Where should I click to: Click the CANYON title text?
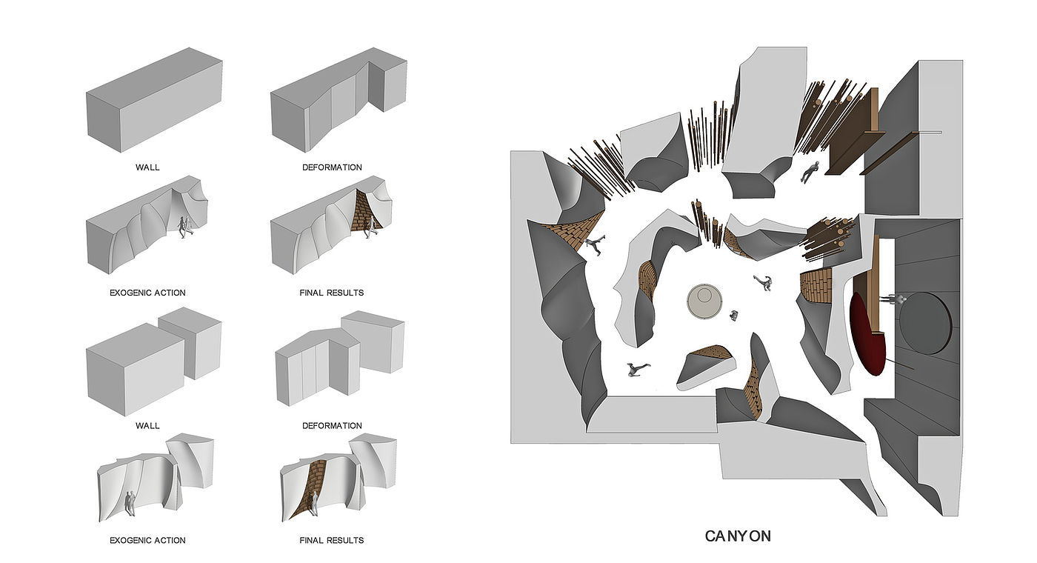pos(738,536)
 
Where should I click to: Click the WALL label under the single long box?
pos(147,167)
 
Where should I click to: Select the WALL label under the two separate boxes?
pos(147,425)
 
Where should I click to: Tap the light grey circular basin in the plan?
pos(704,302)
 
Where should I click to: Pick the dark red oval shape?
pos(868,335)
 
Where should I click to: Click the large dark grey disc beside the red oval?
pos(925,323)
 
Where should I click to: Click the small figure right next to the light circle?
pos(734,316)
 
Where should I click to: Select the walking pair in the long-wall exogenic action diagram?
pos(186,227)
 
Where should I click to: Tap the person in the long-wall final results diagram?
pos(371,227)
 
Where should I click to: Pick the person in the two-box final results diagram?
pos(316,503)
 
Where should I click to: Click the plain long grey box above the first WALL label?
pos(154,99)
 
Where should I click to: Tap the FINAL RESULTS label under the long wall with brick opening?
pos(332,293)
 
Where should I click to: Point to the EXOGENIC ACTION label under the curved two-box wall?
pos(147,540)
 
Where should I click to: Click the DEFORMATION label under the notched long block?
pos(332,167)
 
